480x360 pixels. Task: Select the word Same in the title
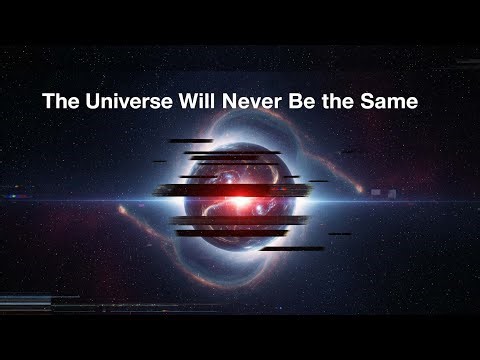pyautogui.click(x=385, y=103)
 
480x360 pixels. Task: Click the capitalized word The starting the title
pyautogui.click(x=56, y=103)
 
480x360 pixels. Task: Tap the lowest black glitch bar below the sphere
pyautogui.click(x=292, y=248)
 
